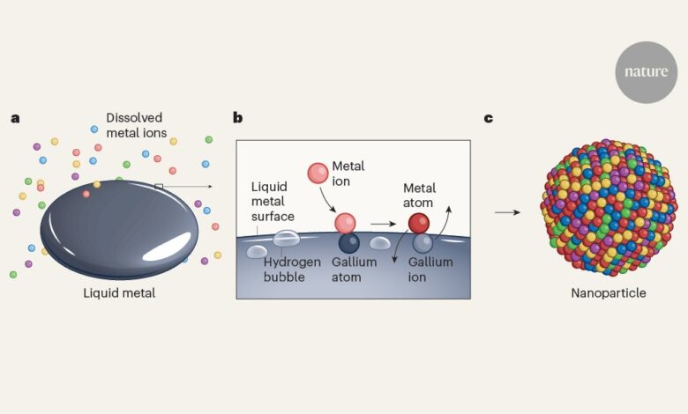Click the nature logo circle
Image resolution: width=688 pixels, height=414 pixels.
tap(646, 71)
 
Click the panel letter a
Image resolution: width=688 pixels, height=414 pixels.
tap(15, 117)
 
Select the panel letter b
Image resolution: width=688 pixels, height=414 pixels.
tap(238, 117)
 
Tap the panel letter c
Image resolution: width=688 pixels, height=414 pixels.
tap(488, 117)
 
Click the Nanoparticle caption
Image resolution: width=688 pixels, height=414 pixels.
tap(608, 292)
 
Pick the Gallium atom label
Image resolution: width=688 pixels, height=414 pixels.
tap(355, 269)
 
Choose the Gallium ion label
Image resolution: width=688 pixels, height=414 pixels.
tap(430, 269)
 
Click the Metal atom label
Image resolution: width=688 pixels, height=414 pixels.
tap(419, 195)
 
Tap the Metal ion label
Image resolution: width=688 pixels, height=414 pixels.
tap(348, 174)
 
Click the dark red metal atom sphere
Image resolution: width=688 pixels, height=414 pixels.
tap(418, 223)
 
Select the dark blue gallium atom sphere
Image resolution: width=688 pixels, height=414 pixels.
tap(348, 242)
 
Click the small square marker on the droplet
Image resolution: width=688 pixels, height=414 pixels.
tap(159, 186)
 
